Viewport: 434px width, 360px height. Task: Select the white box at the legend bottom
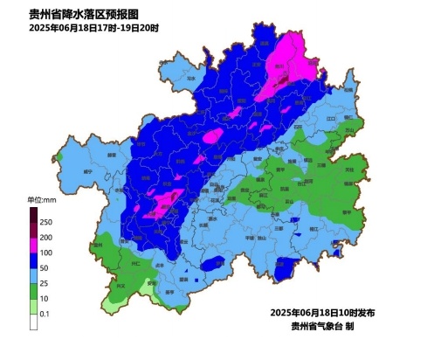[32, 322]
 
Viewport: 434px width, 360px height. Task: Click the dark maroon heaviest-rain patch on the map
[283, 80]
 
